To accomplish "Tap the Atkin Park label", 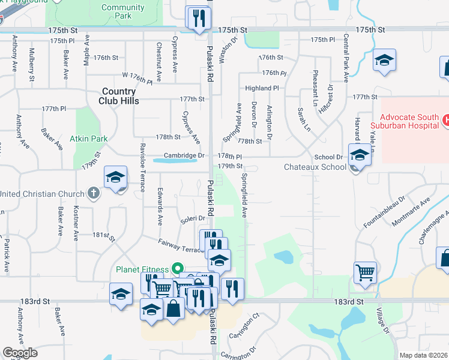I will [x=88, y=139].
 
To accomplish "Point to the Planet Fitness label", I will [x=142, y=269].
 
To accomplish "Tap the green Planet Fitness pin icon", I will [x=177, y=269].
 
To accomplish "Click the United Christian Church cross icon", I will [x=92, y=193].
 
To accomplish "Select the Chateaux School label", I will [x=313, y=167].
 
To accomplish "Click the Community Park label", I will [x=123, y=11].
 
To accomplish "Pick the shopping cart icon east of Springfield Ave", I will [x=365, y=273].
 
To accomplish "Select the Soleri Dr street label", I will [x=193, y=220].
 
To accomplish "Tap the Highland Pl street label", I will [x=262, y=88].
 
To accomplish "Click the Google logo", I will [x=20, y=353].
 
